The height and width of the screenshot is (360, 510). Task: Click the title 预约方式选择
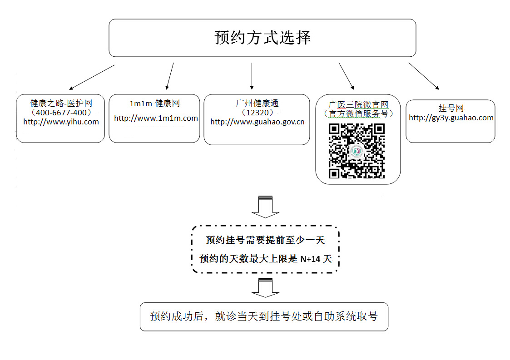pyautogui.click(x=262, y=37)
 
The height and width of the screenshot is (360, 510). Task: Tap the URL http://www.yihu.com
pyautogui.click(x=61, y=122)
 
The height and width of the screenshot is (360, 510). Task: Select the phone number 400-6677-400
pyautogui.click(x=61, y=113)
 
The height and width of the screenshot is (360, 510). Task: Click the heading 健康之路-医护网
pyautogui.click(x=61, y=104)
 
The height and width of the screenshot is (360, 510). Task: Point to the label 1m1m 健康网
pyautogui.click(x=154, y=104)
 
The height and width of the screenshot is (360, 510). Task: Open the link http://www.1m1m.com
pyautogui.click(x=156, y=118)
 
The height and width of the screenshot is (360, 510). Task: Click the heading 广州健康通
pyautogui.click(x=257, y=104)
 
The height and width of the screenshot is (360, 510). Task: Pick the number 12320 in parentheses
pyautogui.click(x=257, y=113)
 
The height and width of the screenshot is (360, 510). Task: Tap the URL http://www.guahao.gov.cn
pyautogui.click(x=257, y=122)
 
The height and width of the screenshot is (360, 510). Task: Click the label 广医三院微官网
pyautogui.click(x=358, y=105)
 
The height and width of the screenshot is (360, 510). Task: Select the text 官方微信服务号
pyautogui.click(x=358, y=114)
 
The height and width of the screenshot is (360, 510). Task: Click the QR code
pyautogui.click(x=357, y=151)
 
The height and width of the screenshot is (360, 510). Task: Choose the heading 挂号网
pyautogui.click(x=451, y=108)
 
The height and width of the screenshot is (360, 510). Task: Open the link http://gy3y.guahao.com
pyautogui.click(x=451, y=118)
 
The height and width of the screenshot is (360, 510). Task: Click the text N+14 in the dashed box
pyautogui.click(x=311, y=259)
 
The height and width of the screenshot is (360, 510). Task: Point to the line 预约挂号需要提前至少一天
pyautogui.click(x=265, y=240)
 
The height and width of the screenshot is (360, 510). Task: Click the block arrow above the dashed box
pyautogui.click(x=265, y=207)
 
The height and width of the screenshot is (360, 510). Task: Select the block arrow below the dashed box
pyautogui.click(x=265, y=288)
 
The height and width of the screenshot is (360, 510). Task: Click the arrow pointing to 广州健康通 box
pyautogui.click(x=252, y=76)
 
